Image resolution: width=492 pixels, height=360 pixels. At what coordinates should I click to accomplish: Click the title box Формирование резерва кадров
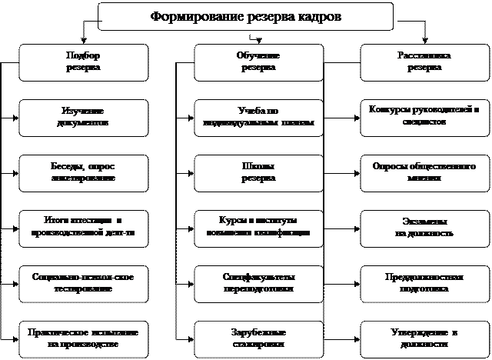[x=246, y=16]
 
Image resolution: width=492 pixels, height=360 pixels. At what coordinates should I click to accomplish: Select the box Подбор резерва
[x=84, y=62]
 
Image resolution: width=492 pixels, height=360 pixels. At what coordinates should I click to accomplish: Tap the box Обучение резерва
[x=258, y=62]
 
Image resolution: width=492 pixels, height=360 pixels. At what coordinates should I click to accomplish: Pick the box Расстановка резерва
[x=424, y=62]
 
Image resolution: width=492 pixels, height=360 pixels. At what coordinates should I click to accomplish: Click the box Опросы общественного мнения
[x=424, y=172]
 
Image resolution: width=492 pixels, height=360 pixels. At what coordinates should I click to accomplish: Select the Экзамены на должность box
[x=424, y=226]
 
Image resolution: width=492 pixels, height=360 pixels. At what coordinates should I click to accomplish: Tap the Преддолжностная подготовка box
[x=424, y=282]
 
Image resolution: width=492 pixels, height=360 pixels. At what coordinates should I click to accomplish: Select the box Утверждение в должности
[x=424, y=338]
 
